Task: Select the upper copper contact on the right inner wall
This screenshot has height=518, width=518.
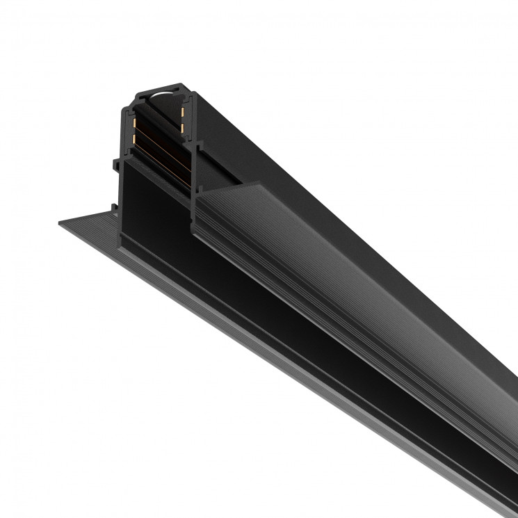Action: (184, 112)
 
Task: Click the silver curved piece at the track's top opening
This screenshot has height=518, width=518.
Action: (162, 93)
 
